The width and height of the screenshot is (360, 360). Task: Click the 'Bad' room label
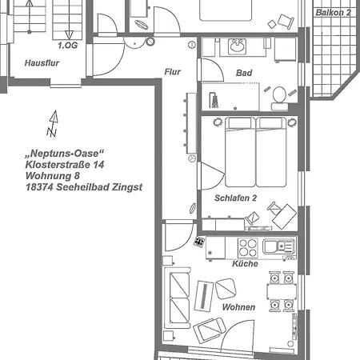pos(244,73)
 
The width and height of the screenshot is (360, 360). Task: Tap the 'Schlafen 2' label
pos(235,198)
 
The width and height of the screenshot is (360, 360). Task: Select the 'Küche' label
pos(245,264)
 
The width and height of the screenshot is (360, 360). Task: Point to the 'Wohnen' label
pos(239,307)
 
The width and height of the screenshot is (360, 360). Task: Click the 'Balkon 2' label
pos(333,13)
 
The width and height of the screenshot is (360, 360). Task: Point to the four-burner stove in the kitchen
pos(250,246)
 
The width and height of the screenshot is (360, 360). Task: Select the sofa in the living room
pos(176,299)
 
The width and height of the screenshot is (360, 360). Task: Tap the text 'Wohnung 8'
pos(52,175)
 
